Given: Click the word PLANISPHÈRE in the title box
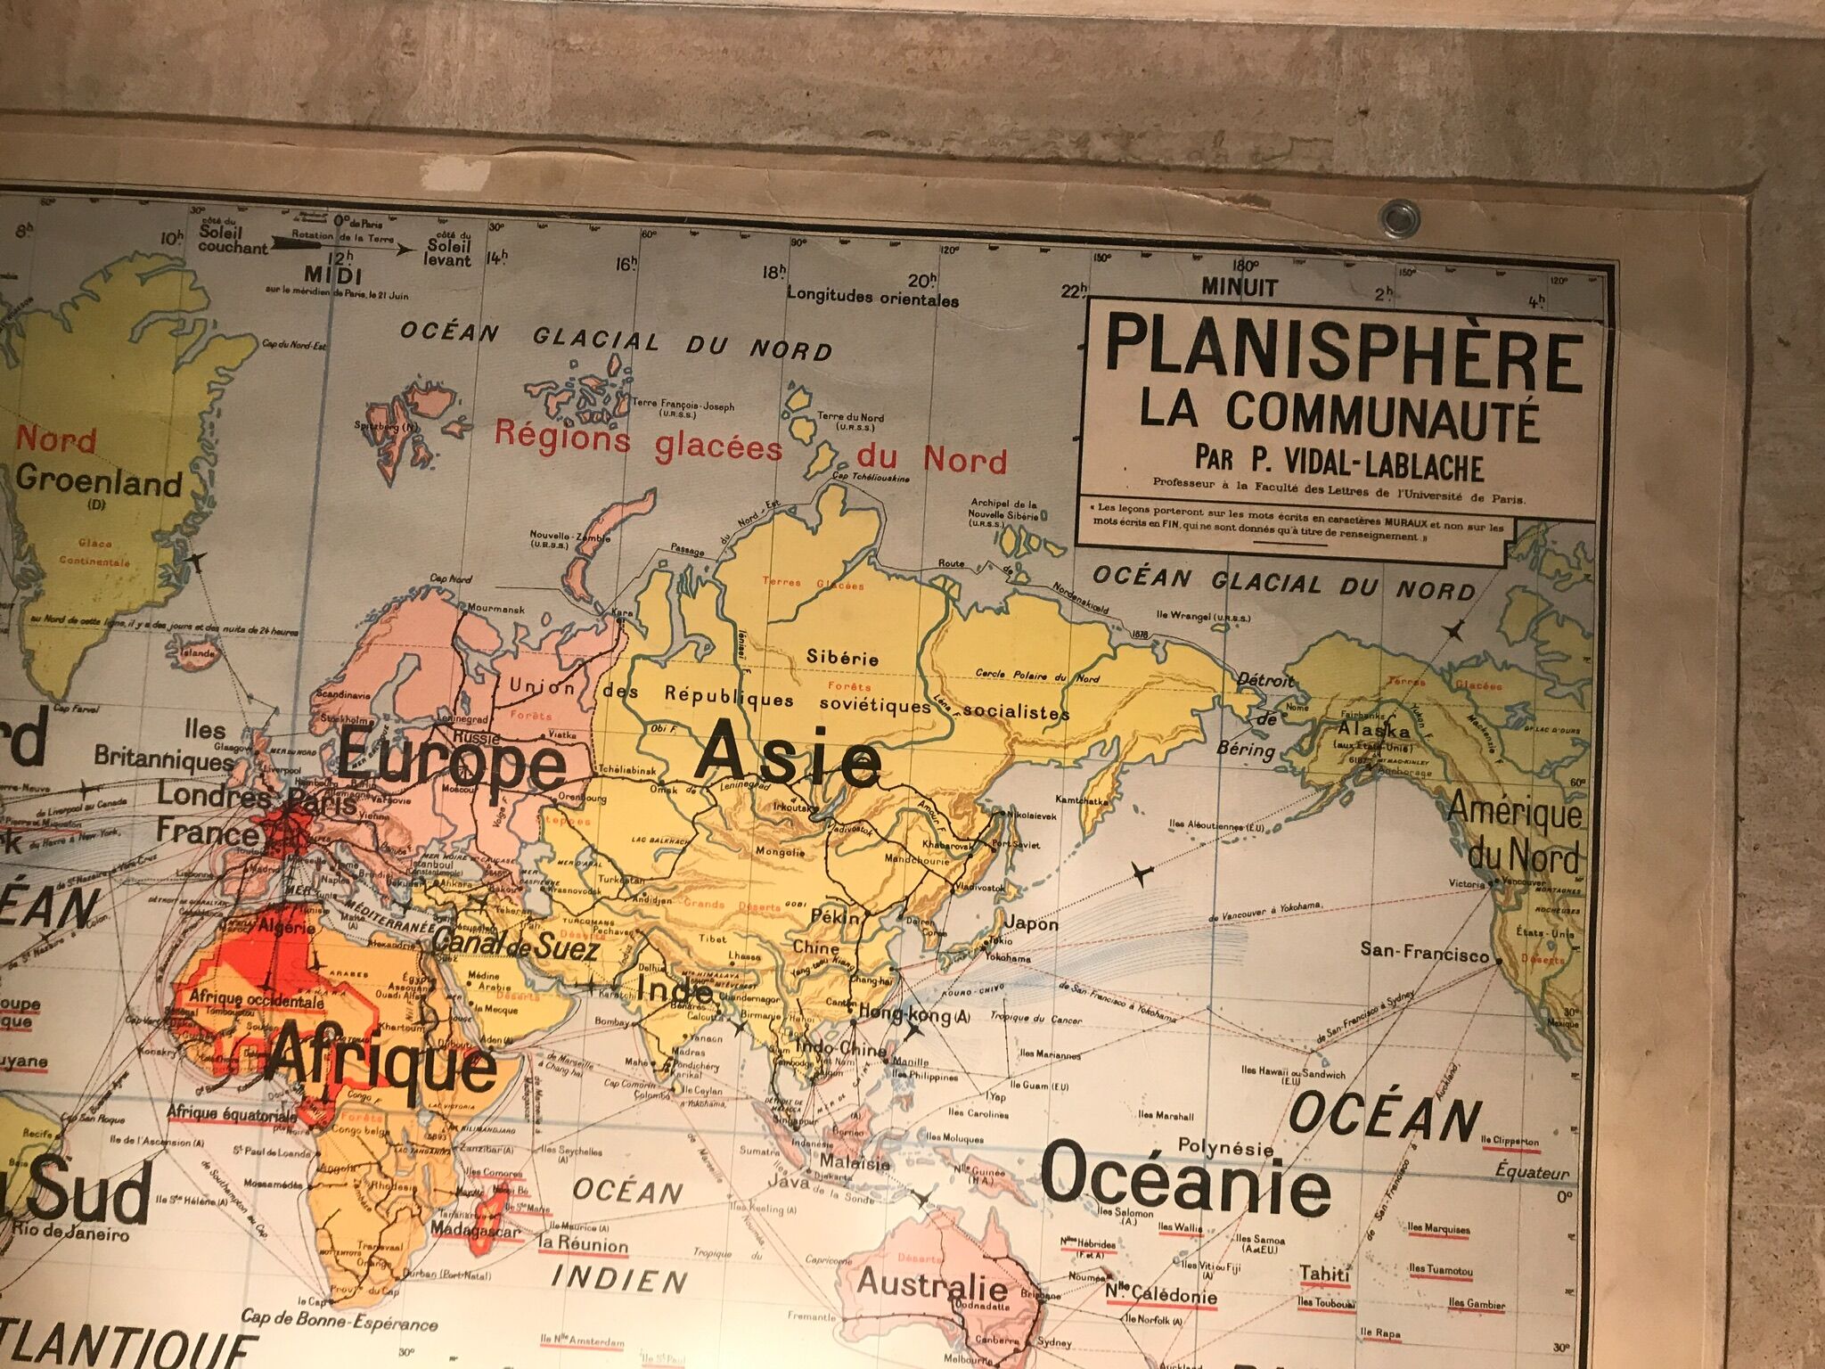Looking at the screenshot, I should coord(1343,361).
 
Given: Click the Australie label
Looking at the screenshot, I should coord(932,1284).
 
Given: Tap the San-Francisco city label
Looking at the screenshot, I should coord(1424,952).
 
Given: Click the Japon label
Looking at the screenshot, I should coord(1033,923).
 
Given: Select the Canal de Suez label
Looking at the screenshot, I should coord(514,945).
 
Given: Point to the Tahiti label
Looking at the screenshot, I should coord(1324,1274).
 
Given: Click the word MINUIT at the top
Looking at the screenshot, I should coord(1240,287).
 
